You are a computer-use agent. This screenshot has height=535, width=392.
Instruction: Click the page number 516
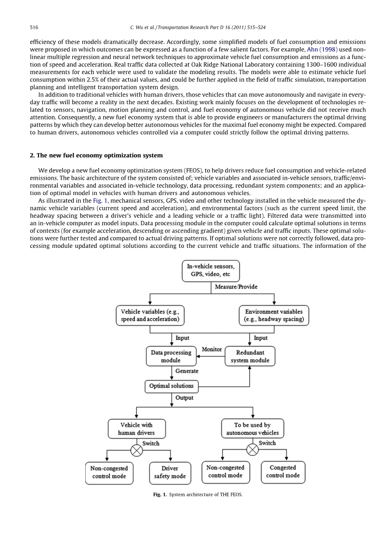(x=34, y=28)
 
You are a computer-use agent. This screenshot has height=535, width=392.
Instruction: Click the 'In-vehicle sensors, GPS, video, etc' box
(x=211, y=271)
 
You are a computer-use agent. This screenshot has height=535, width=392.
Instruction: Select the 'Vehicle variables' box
(x=150, y=315)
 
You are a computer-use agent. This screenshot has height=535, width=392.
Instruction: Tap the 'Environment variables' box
(x=274, y=315)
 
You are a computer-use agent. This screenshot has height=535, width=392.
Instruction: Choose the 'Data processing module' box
(x=171, y=356)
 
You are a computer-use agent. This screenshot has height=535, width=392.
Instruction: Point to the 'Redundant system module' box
(x=250, y=356)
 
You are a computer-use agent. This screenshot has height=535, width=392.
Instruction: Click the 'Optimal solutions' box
(x=171, y=386)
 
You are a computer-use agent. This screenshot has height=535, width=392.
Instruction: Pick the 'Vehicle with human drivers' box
(x=136, y=428)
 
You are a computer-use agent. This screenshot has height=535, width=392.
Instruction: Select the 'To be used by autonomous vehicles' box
(x=252, y=428)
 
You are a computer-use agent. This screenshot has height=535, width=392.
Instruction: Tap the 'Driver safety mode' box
(x=170, y=472)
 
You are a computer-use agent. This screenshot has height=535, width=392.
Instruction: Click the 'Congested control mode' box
(x=283, y=472)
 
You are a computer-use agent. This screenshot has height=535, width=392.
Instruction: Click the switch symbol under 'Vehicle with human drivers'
(x=136, y=450)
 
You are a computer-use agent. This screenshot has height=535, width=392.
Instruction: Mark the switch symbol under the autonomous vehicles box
(x=252, y=449)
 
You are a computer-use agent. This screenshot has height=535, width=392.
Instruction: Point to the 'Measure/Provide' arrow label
(x=236, y=287)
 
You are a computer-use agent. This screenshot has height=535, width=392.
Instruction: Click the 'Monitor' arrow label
(x=212, y=349)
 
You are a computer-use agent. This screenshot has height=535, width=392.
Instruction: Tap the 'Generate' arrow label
(x=187, y=371)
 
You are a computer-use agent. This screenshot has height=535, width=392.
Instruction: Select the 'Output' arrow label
(x=184, y=398)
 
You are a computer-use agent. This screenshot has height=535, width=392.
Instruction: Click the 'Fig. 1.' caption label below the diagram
(x=160, y=495)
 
